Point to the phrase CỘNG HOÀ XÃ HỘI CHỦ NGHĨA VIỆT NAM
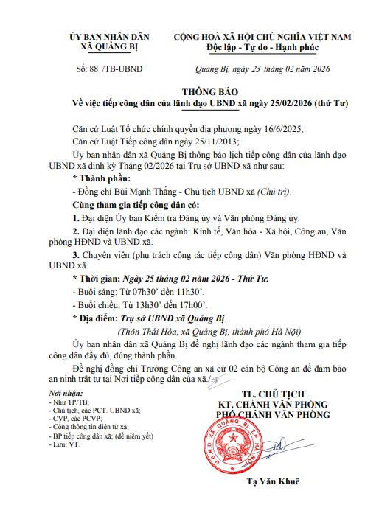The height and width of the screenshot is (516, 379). point(262,35)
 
